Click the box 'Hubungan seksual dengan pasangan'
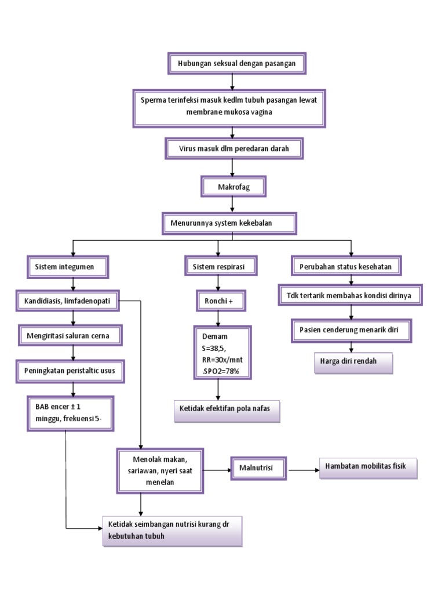(236, 63)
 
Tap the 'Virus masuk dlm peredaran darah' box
(234, 149)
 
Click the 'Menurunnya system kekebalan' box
(229, 223)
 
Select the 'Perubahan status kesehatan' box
(345, 267)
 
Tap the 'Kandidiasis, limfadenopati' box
(68, 300)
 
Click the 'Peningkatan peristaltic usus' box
(70, 370)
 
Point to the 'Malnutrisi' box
(258, 468)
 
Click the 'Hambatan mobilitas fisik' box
(368, 467)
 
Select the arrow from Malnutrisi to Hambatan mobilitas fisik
(303, 469)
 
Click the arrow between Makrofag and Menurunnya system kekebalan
(232, 204)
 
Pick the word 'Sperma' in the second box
(153, 100)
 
